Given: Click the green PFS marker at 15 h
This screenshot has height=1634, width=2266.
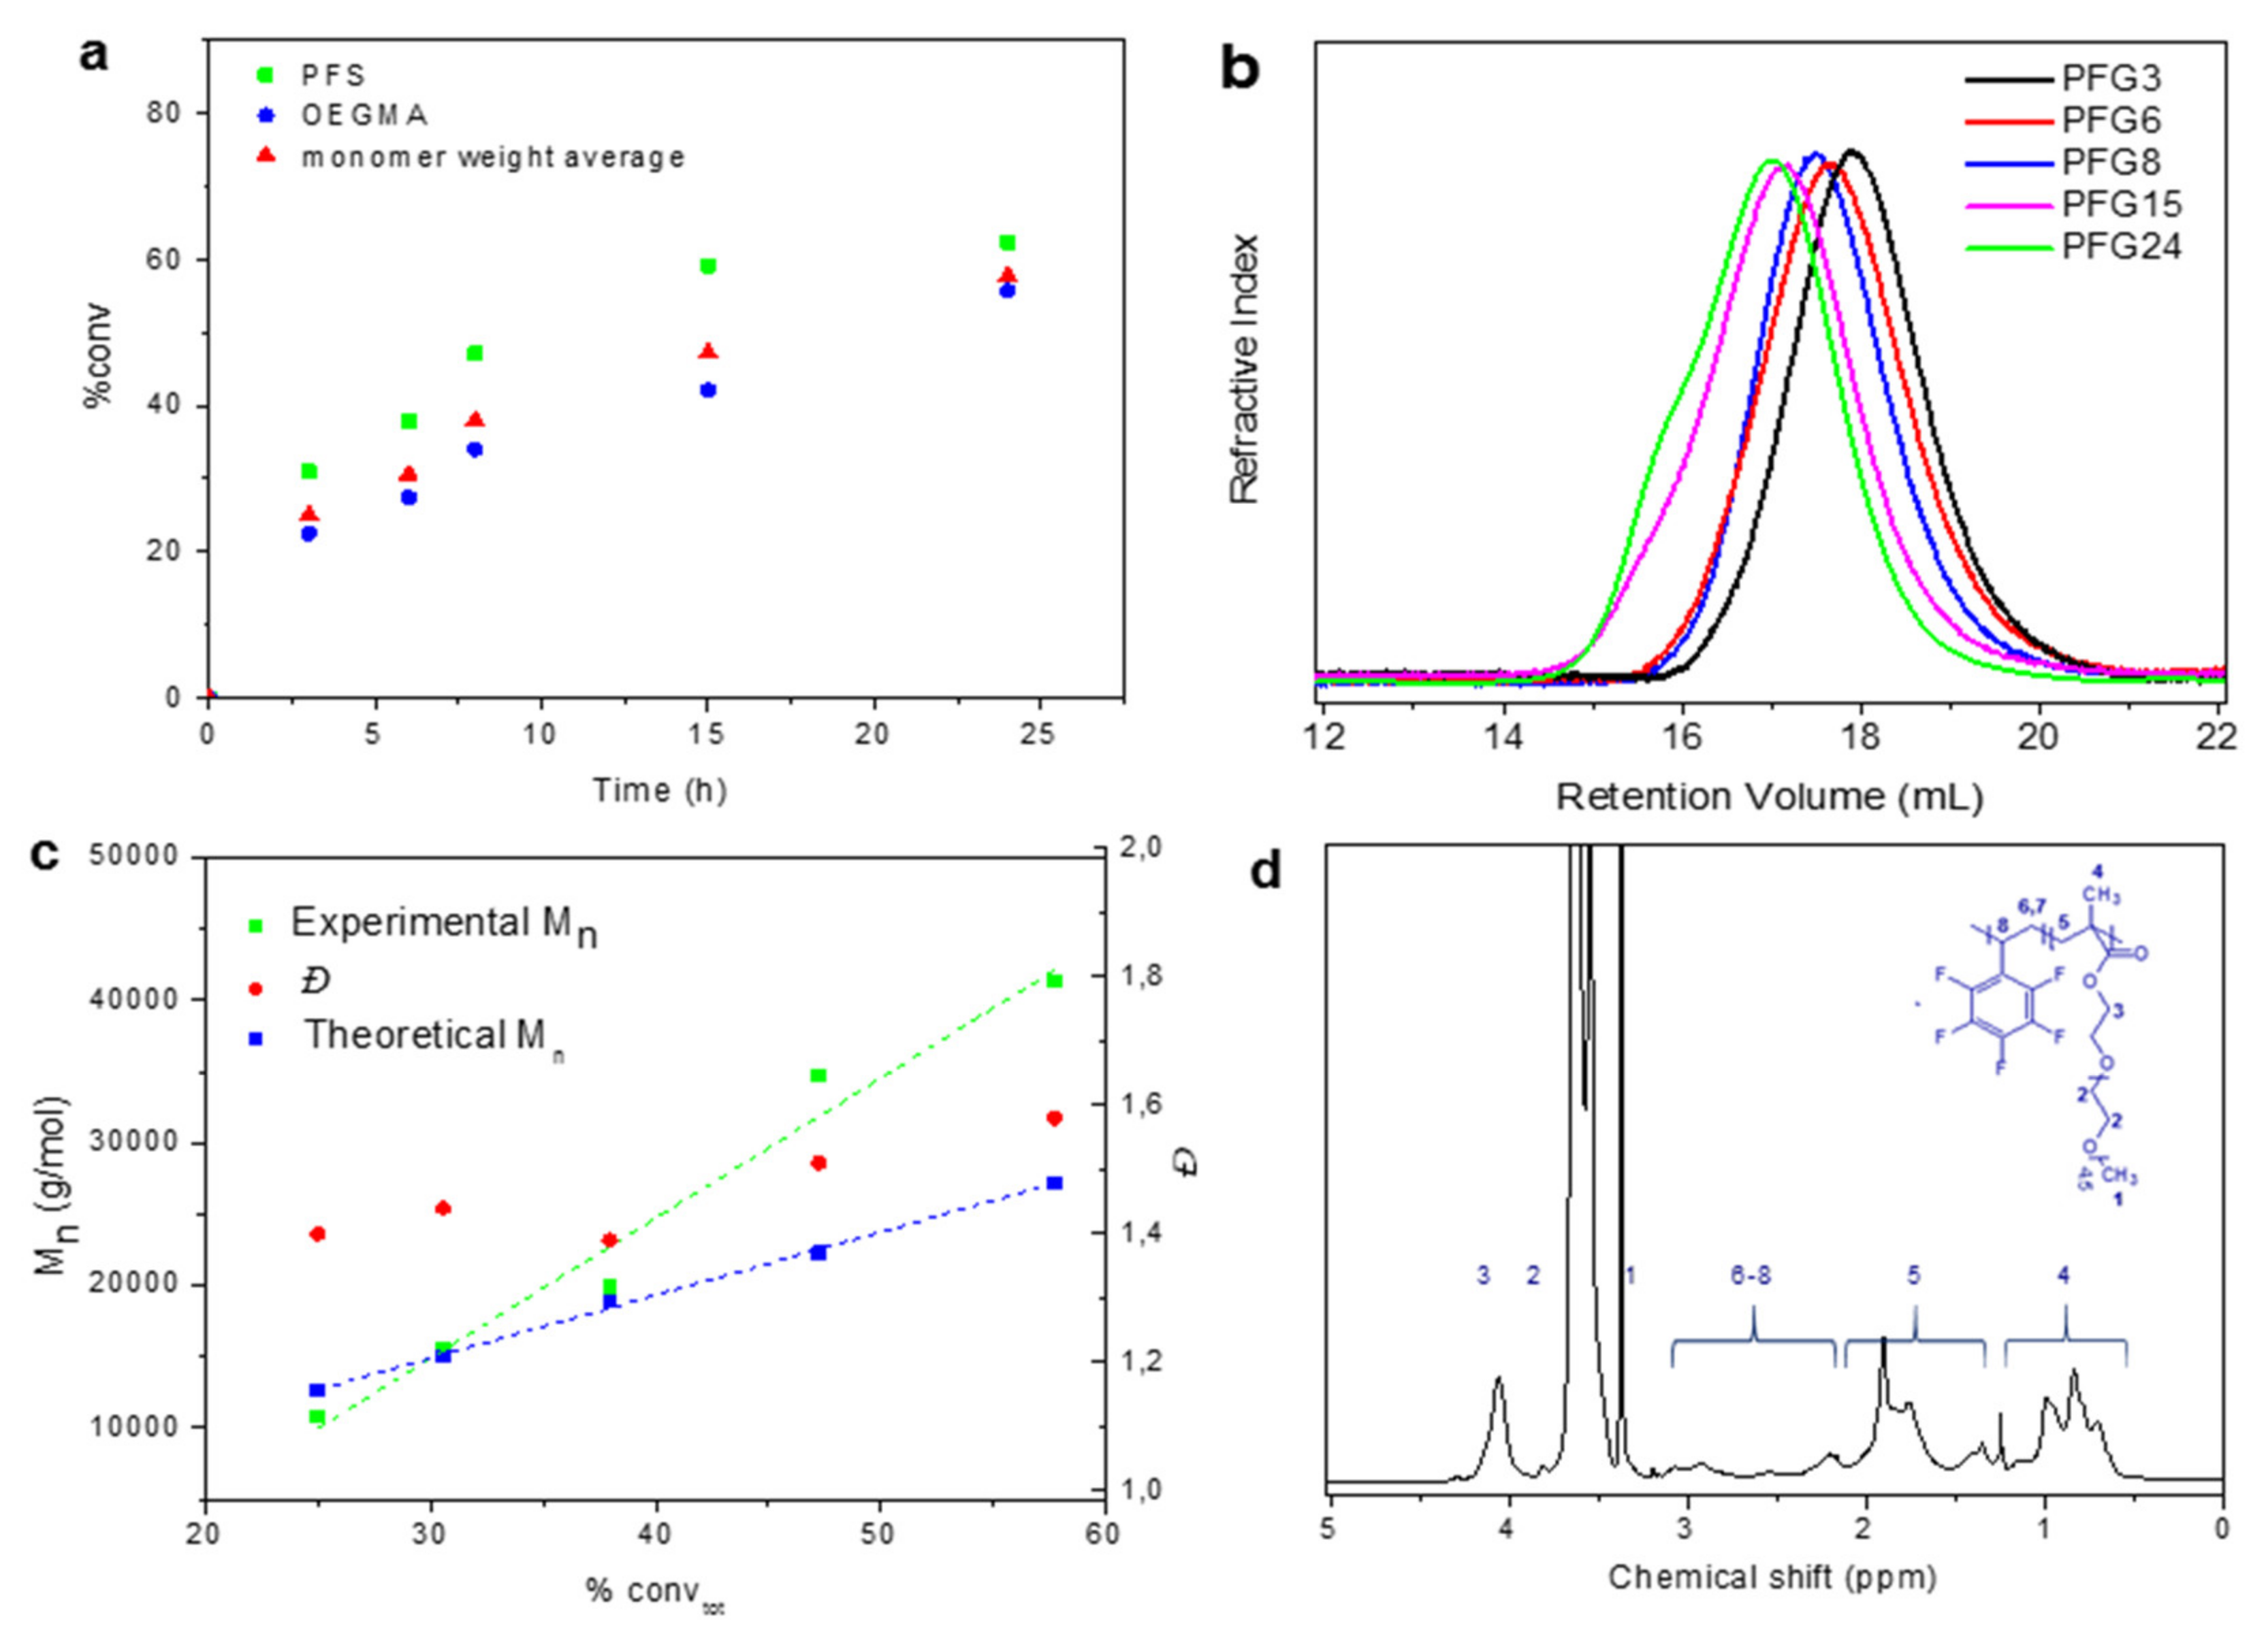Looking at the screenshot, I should pos(708,265).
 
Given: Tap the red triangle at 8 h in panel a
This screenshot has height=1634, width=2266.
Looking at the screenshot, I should pos(475,419).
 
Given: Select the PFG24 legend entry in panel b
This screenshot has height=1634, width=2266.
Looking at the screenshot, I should pos(2121,246).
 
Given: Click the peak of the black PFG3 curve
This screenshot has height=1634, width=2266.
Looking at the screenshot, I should pos(1851,152).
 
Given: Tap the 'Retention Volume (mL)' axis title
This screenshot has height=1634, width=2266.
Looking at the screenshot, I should pos(1768,797).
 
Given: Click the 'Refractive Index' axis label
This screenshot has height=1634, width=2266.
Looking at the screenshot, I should pos(1244,370).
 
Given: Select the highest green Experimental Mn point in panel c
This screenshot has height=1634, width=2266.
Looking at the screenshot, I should pos(1054,980).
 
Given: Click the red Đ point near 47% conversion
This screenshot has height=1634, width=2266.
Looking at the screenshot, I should pos(818,1162).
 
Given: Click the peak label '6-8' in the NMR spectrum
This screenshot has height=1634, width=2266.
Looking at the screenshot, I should pos(1751,1275).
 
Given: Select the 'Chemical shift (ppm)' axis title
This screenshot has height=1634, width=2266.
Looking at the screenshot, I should pos(1772,1578).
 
